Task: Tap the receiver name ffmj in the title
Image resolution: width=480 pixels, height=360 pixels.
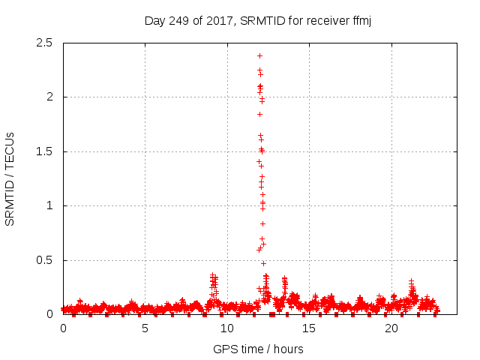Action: [x=361, y=20]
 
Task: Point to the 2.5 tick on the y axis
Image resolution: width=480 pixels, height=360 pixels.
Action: [x=45, y=43]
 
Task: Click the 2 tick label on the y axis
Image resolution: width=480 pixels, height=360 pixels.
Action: [x=49, y=97]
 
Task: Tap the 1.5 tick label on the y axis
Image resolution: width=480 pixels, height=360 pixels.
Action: [x=45, y=151]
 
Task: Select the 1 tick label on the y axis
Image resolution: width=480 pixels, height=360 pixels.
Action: [x=49, y=205]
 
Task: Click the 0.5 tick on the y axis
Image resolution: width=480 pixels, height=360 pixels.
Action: [x=45, y=260]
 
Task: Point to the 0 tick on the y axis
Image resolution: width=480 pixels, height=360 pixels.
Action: [x=49, y=314]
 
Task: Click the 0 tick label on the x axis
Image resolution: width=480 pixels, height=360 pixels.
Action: [x=63, y=329]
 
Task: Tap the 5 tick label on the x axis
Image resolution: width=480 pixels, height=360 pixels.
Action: [x=145, y=329]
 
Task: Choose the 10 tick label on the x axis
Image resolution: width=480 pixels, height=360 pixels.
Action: [x=227, y=329]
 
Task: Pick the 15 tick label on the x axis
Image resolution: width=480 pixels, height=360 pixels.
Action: [x=309, y=329]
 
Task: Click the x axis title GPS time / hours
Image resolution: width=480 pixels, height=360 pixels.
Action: [x=258, y=349]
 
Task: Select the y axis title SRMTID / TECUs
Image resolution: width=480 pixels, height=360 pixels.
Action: [x=10, y=178]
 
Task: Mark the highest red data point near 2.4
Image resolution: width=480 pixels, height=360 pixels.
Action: [x=259, y=55]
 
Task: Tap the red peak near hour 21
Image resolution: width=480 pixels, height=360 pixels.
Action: [x=411, y=281]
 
